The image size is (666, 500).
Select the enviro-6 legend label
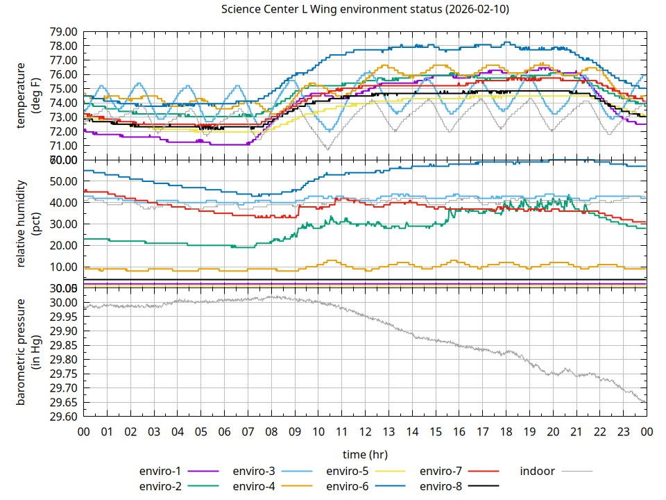pos(347,486)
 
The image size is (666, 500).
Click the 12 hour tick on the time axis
pos(365,432)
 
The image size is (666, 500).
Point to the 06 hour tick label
pos(224,432)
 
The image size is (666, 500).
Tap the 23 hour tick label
pos(623,432)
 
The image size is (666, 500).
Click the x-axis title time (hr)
pos(365,454)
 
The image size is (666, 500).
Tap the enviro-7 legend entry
pos(441,471)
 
